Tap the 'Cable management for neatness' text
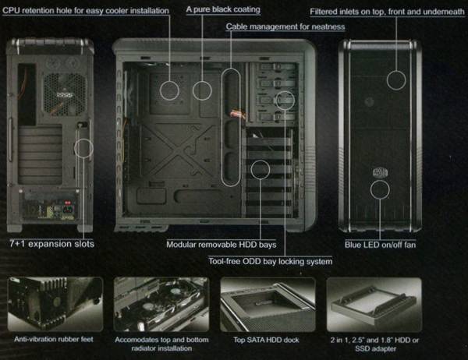285,26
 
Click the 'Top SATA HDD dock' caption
265,341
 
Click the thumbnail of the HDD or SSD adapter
373,304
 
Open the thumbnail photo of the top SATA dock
266,304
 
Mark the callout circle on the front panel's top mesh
397,79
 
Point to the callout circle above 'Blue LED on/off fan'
380,190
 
